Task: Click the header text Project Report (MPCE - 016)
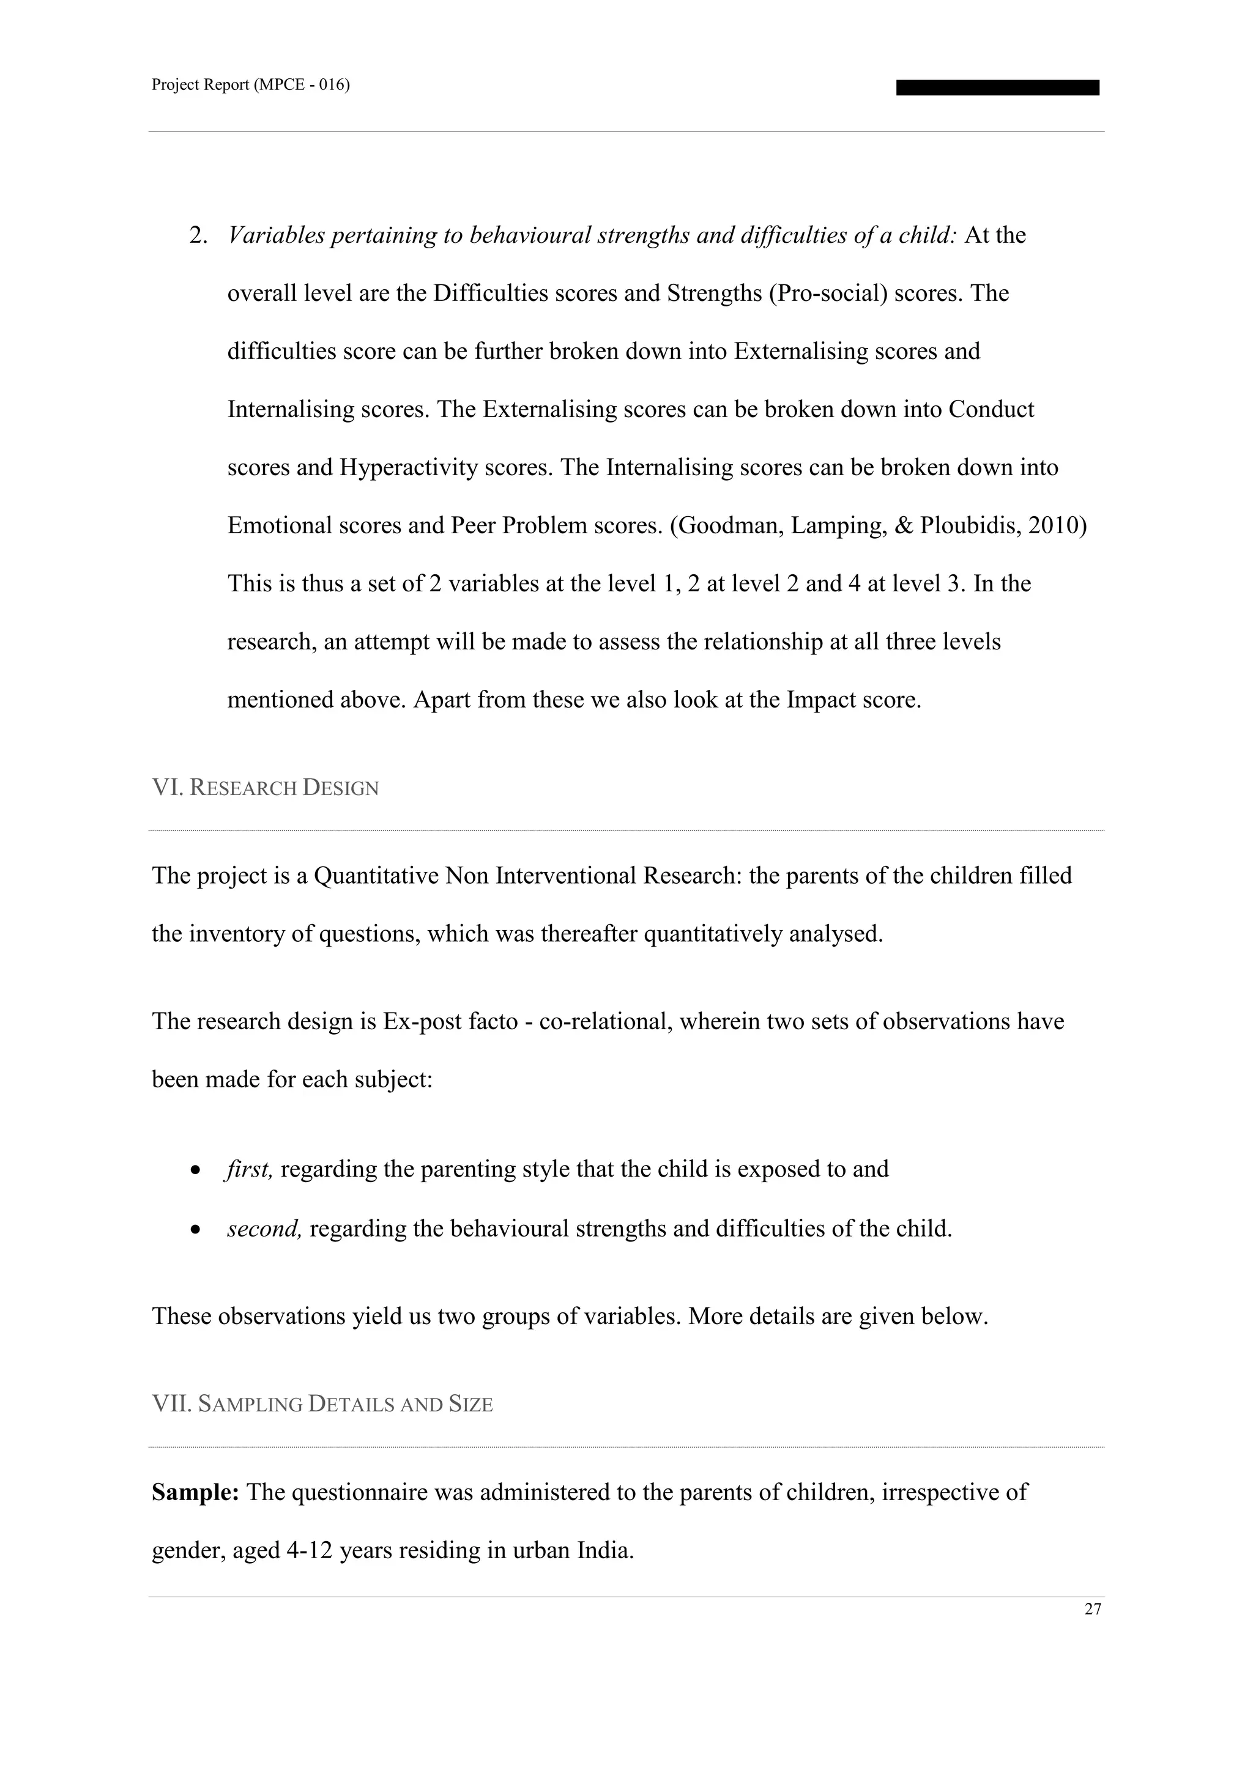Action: (x=250, y=85)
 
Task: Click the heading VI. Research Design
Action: (x=265, y=788)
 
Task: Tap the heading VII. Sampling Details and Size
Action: (x=322, y=1404)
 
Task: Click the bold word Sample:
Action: (x=195, y=1493)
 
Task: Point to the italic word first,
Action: (x=249, y=1169)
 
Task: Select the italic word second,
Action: (x=264, y=1229)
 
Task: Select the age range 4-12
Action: (x=308, y=1550)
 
